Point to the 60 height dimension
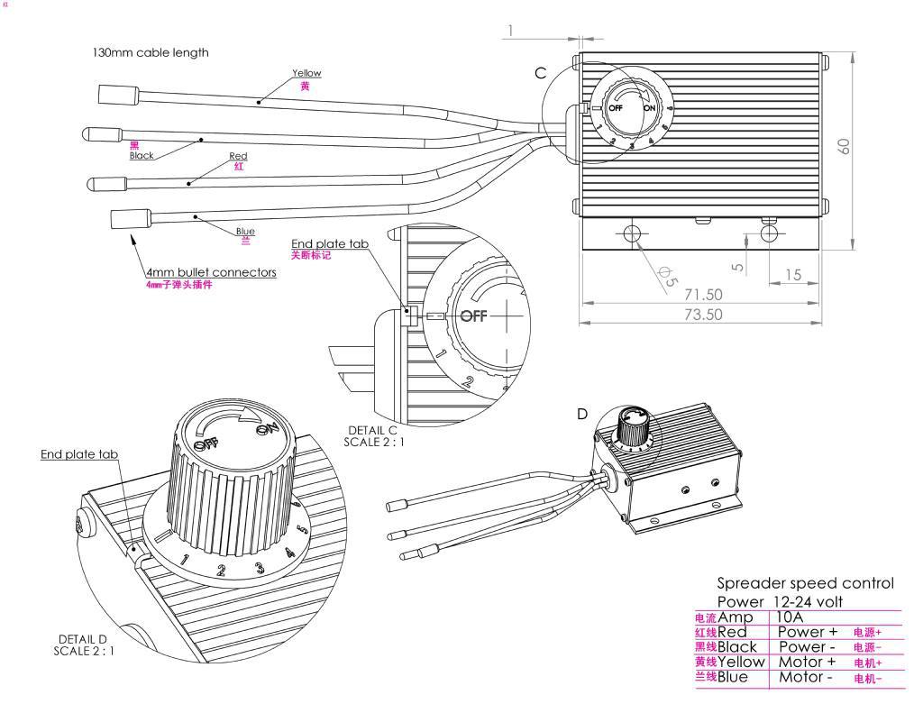click(x=845, y=145)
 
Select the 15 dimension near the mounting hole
click(x=792, y=275)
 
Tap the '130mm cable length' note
click(x=150, y=52)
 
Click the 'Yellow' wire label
click(x=306, y=73)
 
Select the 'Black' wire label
click(x=142, y=155)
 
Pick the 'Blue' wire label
click(x=245, y=232)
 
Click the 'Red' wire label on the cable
click(x=238, y=156)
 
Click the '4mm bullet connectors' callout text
click(x=211, y=271)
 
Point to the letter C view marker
click(x=541, y=73)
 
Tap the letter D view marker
click(x=582, y=414)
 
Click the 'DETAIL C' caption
click(x=371, y=430)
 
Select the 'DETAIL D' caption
click(x=83, y=639)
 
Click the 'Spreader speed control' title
click(x=805, y=583)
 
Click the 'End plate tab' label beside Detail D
click(x=79, y=454)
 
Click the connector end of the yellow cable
click(x=119, y=92)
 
